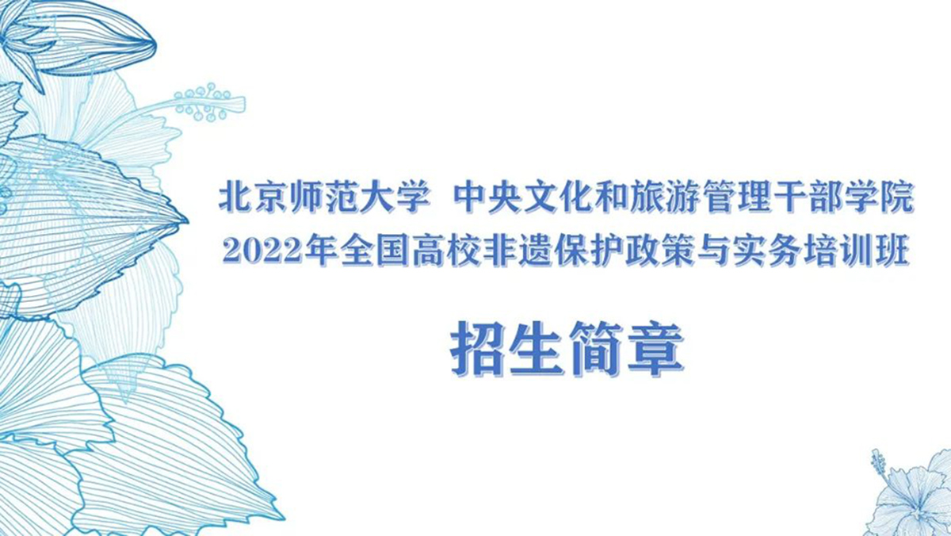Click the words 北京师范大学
pos(325,197)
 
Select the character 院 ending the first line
pos(896,197)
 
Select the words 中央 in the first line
pos(487,197)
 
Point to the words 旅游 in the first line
pos(665,197)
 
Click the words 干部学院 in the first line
pos(842,197)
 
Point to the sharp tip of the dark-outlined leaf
pos(187,221)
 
